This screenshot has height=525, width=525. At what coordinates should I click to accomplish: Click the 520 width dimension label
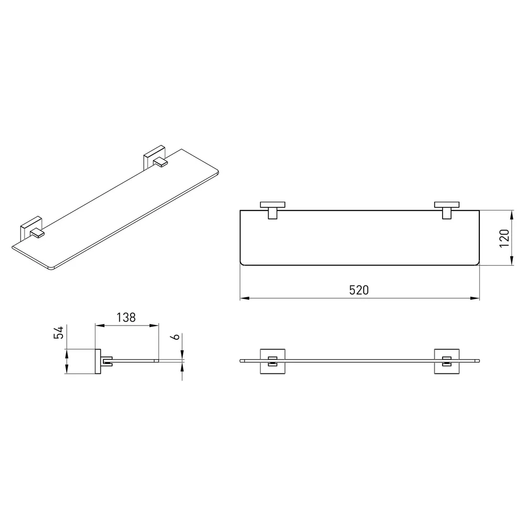359,290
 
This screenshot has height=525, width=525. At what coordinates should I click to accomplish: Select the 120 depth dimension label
504,238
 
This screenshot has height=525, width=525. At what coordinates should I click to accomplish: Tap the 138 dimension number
126,317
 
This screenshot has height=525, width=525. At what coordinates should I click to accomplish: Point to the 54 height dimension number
59,332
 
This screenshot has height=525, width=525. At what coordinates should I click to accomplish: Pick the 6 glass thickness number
176,337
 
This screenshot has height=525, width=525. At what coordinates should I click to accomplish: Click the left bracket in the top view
272,210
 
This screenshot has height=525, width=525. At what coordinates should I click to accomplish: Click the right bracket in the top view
447,210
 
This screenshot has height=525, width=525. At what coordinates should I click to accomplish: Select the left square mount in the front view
272,361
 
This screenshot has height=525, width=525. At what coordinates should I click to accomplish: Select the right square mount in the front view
447,361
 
